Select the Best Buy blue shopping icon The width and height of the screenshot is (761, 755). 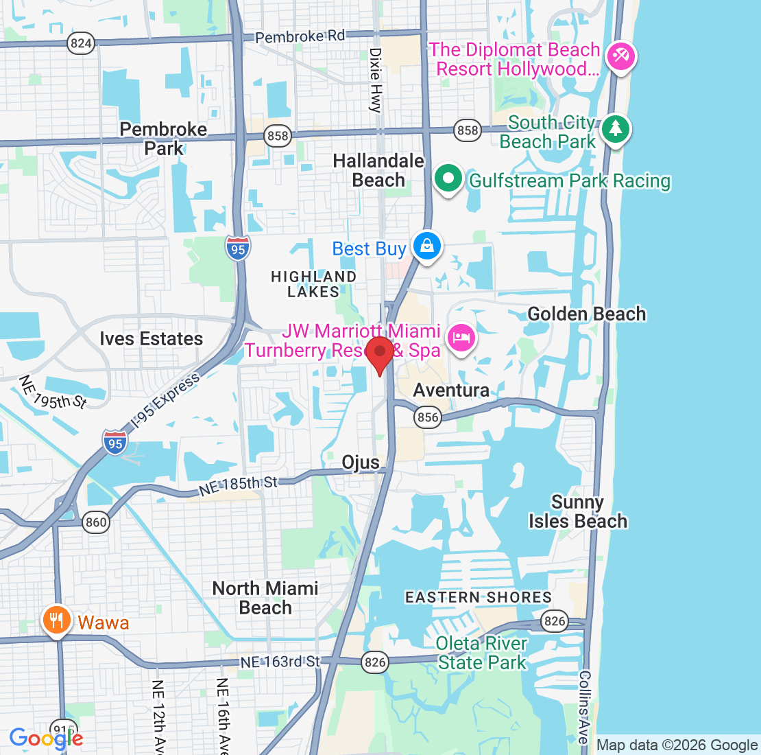click(x=426, y=245)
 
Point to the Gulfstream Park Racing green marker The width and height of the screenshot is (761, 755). click(x=449, y=178)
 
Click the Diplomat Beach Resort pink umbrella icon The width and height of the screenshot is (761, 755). click(x=622, y=56)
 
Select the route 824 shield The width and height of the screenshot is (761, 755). click(x=81, y=43)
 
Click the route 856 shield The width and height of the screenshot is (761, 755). click(x=428, y=417)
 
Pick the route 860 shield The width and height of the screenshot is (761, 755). click(x=96, y=522)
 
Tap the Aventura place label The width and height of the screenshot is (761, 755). click(x=451, y=391)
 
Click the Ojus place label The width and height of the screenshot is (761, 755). click(x=361, y=463)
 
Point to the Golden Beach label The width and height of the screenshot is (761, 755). click(x=587, y=314)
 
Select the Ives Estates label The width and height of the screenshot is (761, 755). click(x=152, y=339)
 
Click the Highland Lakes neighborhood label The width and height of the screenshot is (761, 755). click(x=314, y=284)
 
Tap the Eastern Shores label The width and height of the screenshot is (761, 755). click(x=479, y=597)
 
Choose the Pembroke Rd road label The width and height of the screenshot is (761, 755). click(x=300, y=36)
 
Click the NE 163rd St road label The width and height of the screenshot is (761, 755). click(x=280, y=662)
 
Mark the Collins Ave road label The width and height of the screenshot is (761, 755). click(x=583, y=707)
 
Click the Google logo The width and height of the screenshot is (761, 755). click(x=46, y=739)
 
